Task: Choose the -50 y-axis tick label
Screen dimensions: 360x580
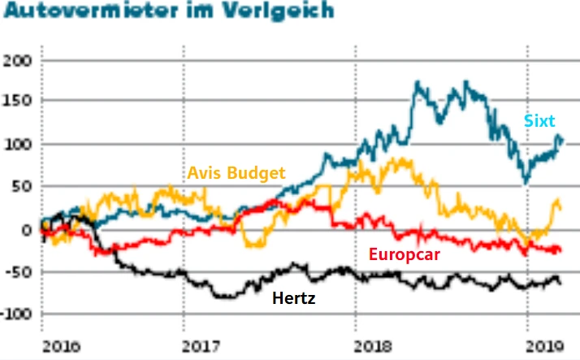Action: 17,271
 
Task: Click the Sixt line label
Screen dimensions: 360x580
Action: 539,122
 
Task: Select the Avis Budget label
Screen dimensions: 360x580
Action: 236,173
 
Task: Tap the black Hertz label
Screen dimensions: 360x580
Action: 294,298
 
